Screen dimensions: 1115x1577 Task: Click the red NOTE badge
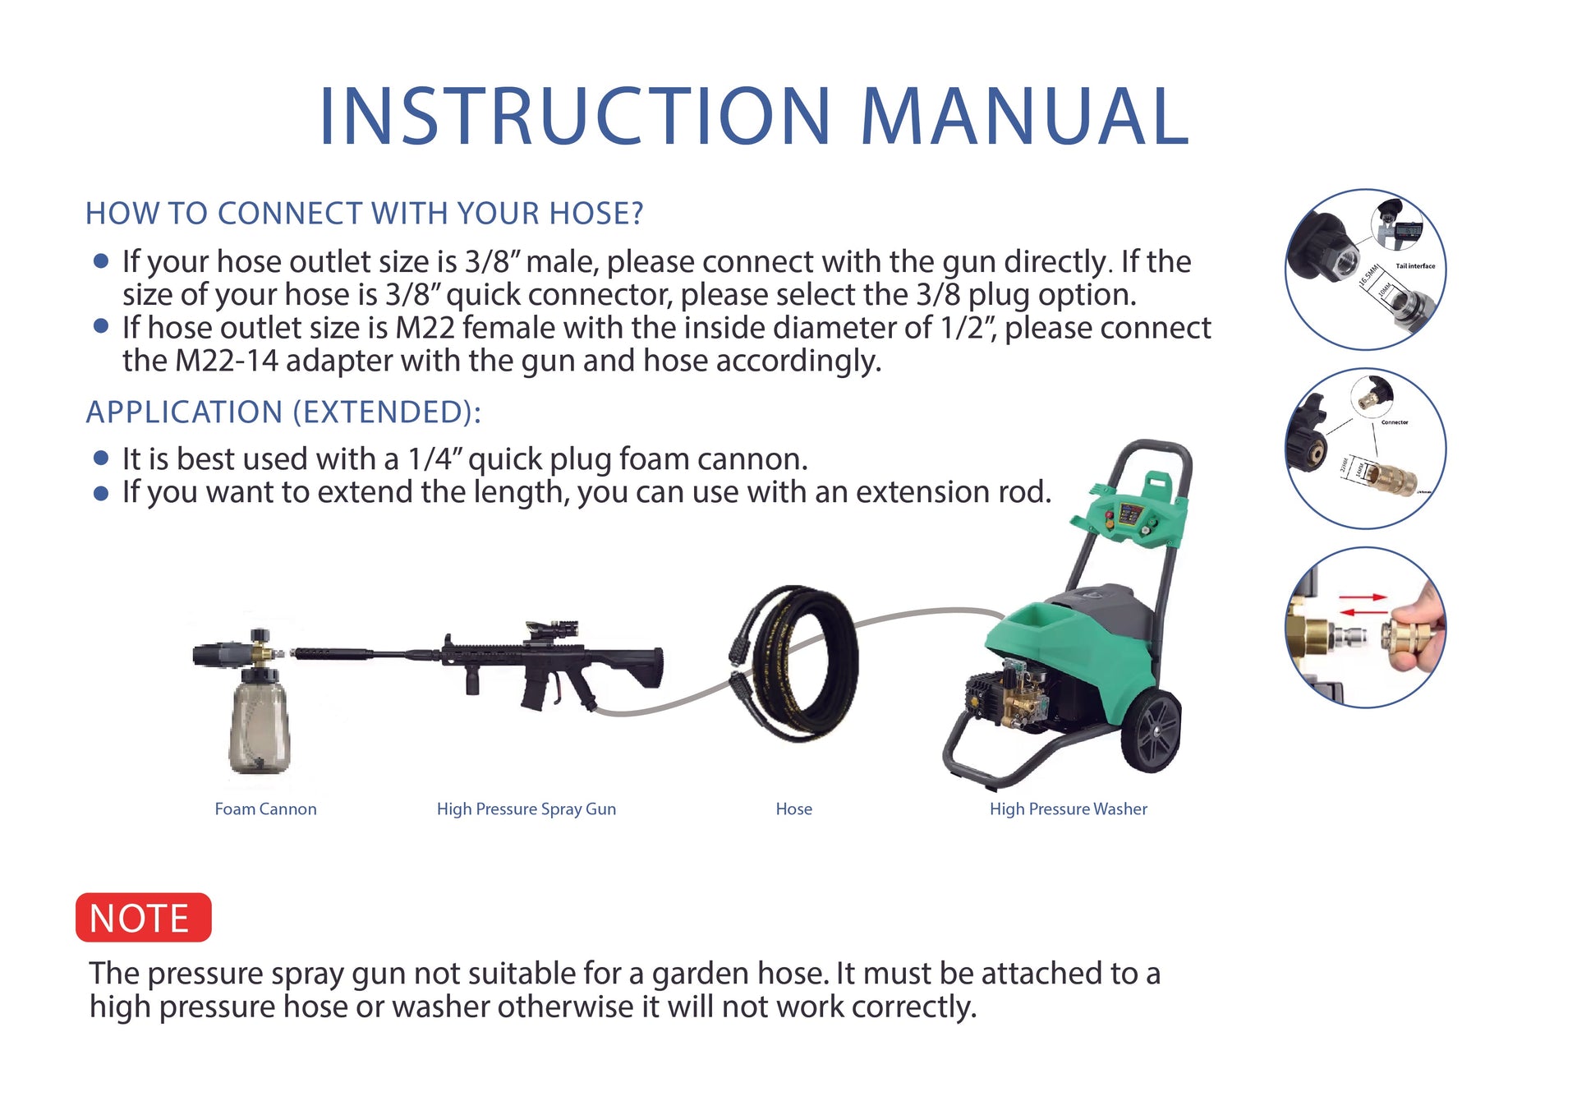(x=143, y=917)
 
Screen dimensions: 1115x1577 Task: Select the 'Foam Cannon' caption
(x=265, y=809)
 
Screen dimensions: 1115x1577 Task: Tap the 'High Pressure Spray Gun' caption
(x=526, y=809)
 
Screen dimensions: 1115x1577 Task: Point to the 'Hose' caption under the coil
(x=793, y=809)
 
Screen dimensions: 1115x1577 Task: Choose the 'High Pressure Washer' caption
(x=1068, y=809)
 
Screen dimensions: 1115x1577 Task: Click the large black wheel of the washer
(x=1152, y=730)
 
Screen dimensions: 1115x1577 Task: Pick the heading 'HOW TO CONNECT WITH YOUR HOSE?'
(x=364, y=214)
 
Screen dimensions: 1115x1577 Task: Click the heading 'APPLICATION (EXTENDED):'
(x=283, y=412)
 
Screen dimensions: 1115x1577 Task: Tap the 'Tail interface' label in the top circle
(x=1415, y=266)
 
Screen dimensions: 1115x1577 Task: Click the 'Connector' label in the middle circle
(x=1395, y=422)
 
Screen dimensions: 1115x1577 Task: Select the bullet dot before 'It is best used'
(x=101, y=458)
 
